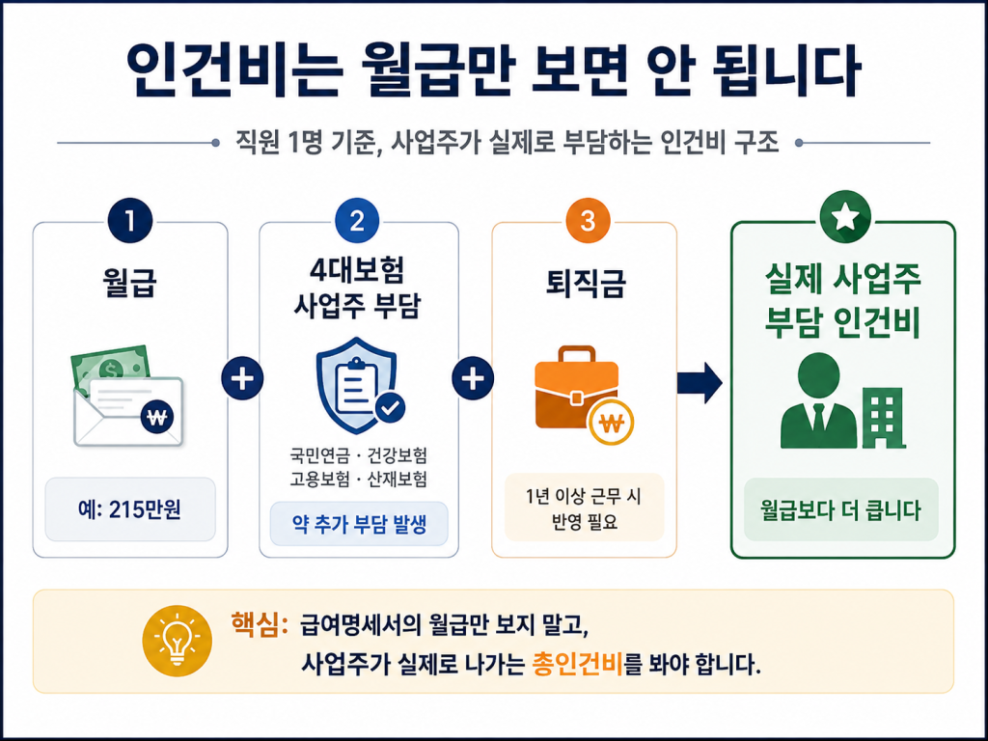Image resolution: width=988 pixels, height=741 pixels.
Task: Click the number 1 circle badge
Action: [x=130, y=221]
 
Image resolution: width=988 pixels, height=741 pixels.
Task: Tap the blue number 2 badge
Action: [x=357, y=221]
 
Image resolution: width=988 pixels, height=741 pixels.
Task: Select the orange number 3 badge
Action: [x=588, y=221]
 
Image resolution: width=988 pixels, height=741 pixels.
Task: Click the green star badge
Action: [x=843, y=217]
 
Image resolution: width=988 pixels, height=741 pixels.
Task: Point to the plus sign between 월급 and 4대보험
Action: [x=242, y=378]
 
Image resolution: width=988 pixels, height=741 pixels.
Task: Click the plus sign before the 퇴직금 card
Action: [x=473, y=378]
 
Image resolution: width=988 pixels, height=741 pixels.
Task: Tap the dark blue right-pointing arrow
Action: [x=700, y=382]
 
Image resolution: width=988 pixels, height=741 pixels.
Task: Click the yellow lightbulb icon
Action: [x=178, y=641]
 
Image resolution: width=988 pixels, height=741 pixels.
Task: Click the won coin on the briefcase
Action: [x=610, y=423]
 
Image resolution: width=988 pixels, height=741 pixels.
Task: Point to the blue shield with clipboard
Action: [x=357, y=385]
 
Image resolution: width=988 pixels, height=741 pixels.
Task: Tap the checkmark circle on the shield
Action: [x=391, y=408]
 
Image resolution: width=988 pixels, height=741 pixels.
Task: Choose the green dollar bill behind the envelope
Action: [x=109, y=366]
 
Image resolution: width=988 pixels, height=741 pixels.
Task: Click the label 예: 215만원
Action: [x=130, y=509]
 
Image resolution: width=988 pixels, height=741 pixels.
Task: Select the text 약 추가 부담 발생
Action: [x=359, y=524]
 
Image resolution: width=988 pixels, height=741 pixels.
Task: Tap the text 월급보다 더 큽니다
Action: [x=841, y=509]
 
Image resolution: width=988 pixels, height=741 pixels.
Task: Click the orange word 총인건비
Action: [x=577, y=664]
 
